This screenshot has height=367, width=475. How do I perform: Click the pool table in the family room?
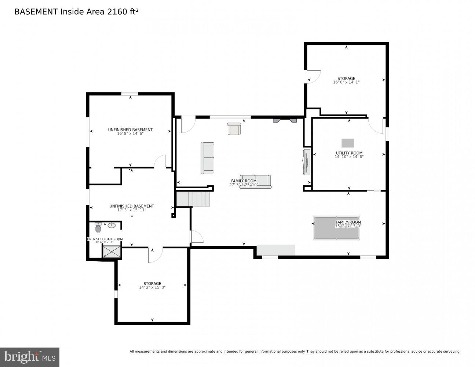click(x=336, y=228)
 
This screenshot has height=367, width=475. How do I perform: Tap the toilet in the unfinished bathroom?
click(x=98, y=228)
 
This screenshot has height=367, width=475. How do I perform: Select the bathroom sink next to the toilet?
click(x=112, y=225)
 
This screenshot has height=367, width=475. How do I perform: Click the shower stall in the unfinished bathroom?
click(x=112, y=252)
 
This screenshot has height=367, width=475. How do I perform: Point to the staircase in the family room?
click(x=193, y=199)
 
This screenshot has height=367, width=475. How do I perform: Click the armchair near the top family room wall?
click(x=234, y=128)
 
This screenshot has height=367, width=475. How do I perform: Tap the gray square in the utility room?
click(x=347, y=143)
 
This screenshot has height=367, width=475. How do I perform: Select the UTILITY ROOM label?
click(x=349, y=153)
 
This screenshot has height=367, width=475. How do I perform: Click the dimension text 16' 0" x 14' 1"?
click(x=346, y=82)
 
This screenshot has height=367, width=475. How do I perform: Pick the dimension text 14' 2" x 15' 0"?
click(x=152, y=287)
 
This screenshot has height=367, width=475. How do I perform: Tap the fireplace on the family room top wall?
click(x=285, y=120)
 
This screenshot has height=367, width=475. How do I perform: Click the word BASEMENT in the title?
click(x=36, y=12)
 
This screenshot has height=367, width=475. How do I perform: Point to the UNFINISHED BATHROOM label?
click(x=105, y=239)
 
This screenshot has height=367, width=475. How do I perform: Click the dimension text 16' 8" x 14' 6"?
click(x=130, y=134)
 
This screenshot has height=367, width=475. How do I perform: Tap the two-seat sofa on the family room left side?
click(x=207, y=158)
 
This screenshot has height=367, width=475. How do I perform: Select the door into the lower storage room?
click(x=155, y=255)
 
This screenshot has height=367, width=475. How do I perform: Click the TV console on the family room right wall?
click(x=307, y=162)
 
